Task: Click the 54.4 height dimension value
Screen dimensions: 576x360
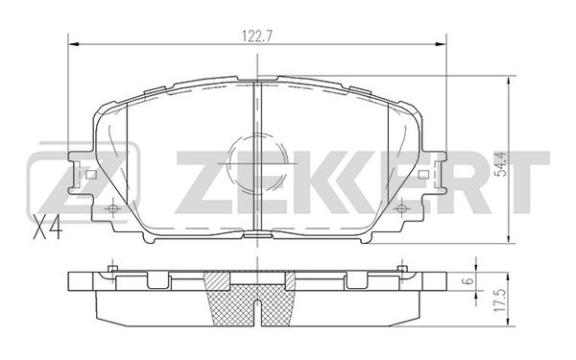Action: pos(502,164)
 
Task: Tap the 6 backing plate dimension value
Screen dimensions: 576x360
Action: pos(468,281)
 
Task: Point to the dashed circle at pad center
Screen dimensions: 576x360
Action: pos(257,163)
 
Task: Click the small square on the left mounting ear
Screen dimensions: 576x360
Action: pos(91,175)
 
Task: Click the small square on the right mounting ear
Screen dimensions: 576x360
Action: pos(423,175)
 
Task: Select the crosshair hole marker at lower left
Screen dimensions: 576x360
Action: pos(112,209)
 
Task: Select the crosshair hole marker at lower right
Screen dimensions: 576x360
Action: pos(402,209)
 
